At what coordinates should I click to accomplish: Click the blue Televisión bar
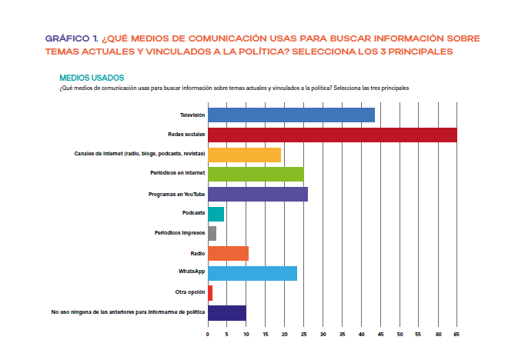coord(291,115)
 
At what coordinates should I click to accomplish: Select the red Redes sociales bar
coord(332,135)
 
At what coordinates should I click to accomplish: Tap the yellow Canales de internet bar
coord(244,155)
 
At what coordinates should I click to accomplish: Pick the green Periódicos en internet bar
coord(256,175)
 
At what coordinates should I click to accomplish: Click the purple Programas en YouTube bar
coord(258,195)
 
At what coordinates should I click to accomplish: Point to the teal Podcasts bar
coord(216,214)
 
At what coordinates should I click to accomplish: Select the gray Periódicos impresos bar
coord(212,233)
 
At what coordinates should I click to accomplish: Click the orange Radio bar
coord(228,253)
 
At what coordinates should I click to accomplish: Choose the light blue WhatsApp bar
coord(252,273)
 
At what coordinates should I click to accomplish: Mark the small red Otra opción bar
coord(210,292)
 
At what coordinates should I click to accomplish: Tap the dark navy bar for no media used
coord(227,312)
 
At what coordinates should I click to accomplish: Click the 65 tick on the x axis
coord(457,335)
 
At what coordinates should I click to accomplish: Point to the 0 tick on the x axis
coord(208,335)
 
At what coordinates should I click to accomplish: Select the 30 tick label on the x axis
coord(323,335)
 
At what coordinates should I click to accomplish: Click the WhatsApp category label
coord(191,273)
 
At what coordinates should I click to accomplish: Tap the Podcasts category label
coord(193,214)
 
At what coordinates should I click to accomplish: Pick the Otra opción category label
coord(189,292)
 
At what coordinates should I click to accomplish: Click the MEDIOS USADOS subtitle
coord(92,78)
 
